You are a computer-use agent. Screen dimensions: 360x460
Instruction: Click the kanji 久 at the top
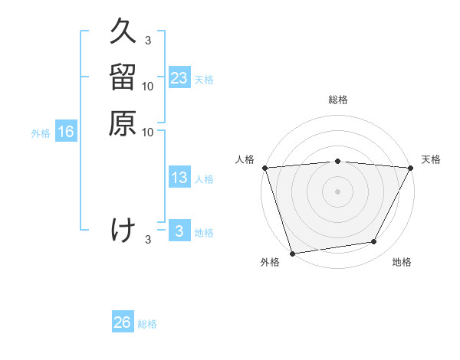click(123, 31)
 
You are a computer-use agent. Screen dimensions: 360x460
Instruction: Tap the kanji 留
click(123, 77)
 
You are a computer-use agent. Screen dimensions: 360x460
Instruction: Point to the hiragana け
click(123, 230)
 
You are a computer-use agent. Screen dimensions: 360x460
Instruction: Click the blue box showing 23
click(179, 78)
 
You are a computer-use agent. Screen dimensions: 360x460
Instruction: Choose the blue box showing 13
click(179, 178)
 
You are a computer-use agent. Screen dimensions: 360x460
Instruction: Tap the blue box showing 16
click(66, 132)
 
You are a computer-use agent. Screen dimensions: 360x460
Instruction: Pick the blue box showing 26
click(123, 322)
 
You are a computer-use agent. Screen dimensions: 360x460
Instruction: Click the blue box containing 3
click(179, 231)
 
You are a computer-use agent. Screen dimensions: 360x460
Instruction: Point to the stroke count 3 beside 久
click(147, 40)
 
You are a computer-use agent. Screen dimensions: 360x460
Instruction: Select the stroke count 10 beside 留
click(148, 86)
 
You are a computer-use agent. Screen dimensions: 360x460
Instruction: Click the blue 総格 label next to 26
click(147, 324)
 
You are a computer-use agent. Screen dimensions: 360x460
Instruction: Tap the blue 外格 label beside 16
click(41, 133)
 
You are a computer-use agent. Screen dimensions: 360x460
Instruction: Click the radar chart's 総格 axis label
click(337, 100)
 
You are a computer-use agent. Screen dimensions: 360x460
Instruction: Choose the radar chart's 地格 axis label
click(402, 263)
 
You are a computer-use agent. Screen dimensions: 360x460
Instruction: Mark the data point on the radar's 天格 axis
click(411, 167)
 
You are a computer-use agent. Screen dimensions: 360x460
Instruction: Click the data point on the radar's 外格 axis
click(292, 253)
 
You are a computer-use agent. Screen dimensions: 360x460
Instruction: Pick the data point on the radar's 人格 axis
click(264, 167)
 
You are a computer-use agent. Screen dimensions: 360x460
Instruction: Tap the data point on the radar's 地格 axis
click(374, 242)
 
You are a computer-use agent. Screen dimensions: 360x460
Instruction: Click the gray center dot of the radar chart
click(337, 191)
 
